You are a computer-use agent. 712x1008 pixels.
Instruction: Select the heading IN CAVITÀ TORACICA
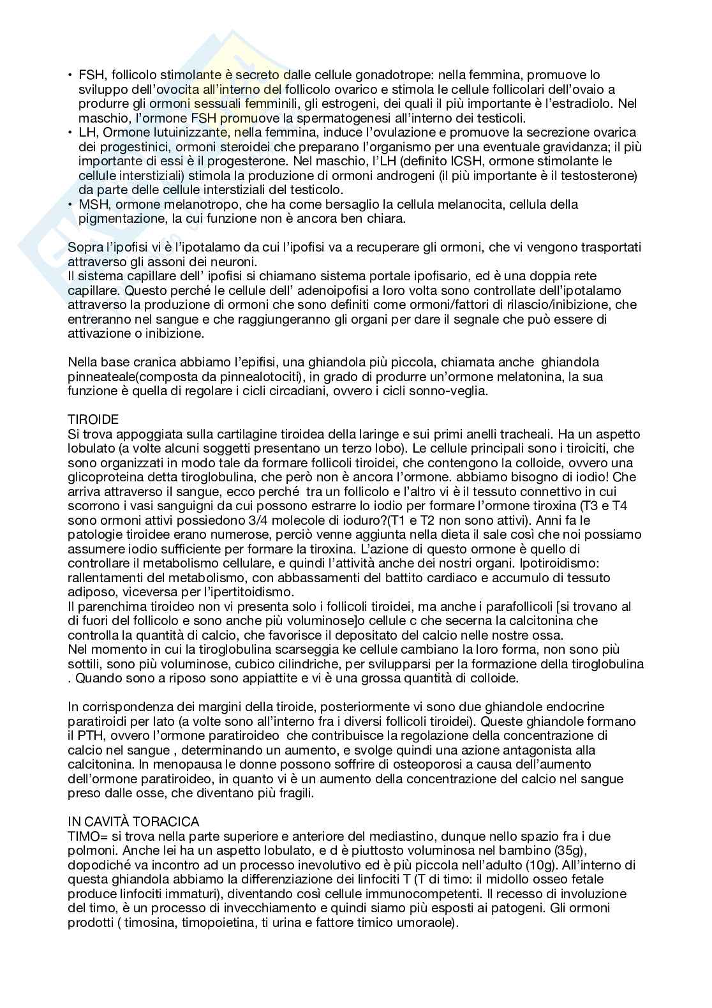(133, 821)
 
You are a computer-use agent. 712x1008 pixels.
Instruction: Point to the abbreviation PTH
(81, 735)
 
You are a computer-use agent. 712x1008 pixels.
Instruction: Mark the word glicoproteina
(103, 477)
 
